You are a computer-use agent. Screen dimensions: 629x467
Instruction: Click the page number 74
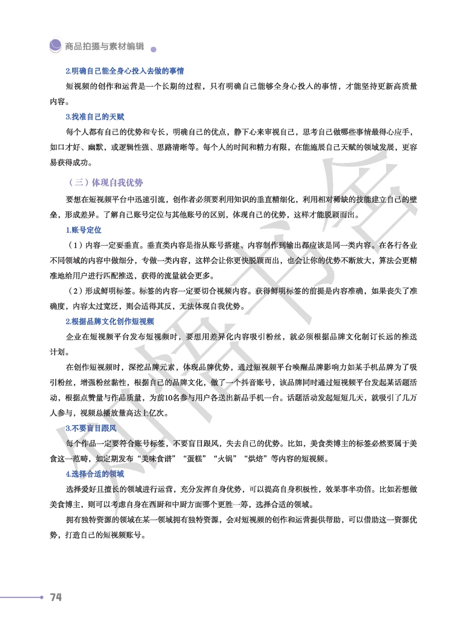[x=56, y=597]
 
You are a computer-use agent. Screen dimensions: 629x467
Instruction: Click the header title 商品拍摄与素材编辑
[x=104, y=46]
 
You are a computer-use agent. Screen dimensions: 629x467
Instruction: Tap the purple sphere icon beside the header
[x=55, y=45]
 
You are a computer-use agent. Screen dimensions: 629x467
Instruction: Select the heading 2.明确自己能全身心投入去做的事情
[x=125, y=71]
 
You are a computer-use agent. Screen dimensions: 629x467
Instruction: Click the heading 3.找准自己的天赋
[x=95, y=117]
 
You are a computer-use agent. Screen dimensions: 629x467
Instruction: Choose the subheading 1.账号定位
[x=83, y=230]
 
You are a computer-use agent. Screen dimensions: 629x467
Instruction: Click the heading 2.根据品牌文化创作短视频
[x=110, y=321]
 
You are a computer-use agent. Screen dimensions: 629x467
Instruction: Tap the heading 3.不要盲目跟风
[x=91, y=428]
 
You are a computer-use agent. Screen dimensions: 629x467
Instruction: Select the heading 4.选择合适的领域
[x=95, y=474]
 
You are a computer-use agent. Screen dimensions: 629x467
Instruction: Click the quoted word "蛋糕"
[x=195, y=459]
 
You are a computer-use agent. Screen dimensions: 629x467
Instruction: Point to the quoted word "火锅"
[x=225, y=459]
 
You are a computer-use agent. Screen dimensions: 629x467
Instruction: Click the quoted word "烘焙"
[x=256, y=459]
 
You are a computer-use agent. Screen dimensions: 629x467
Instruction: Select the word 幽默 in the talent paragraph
[x=95, y=147]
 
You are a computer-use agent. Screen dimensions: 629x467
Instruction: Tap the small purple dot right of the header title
[x=153, y=50]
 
